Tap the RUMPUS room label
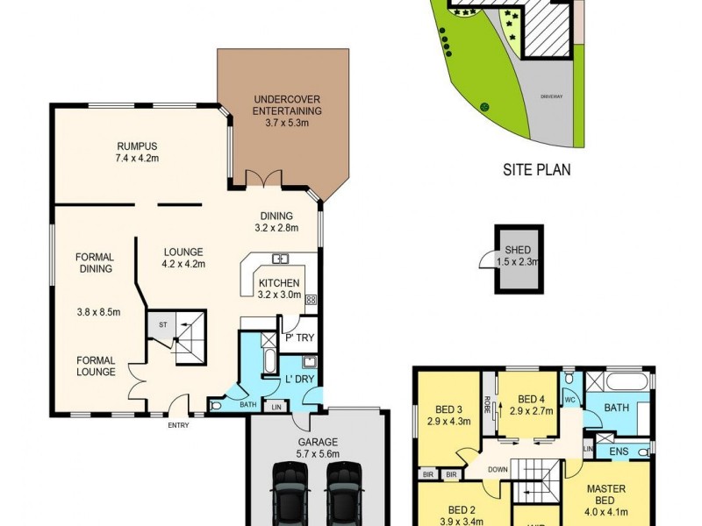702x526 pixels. pyautogui.click(x=136, y=146)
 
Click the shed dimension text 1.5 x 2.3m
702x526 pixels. pyautogui.click(x=518, y=260)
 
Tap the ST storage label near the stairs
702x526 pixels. pyautogui.click(x=162, y=325)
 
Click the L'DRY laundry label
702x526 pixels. pyautogui.click(x=299, y=379)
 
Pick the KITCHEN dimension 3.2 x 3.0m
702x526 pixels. pyautogui.click(x=279, y=295)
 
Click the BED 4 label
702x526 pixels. pyautogui.click(x=532, y=399)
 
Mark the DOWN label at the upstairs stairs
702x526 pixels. pyautogui.click(x=498, y=470)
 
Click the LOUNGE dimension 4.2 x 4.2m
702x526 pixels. pyautogui.click(x=183, y=263)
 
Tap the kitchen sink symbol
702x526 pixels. pyautogui.click(x=281, y=259)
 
